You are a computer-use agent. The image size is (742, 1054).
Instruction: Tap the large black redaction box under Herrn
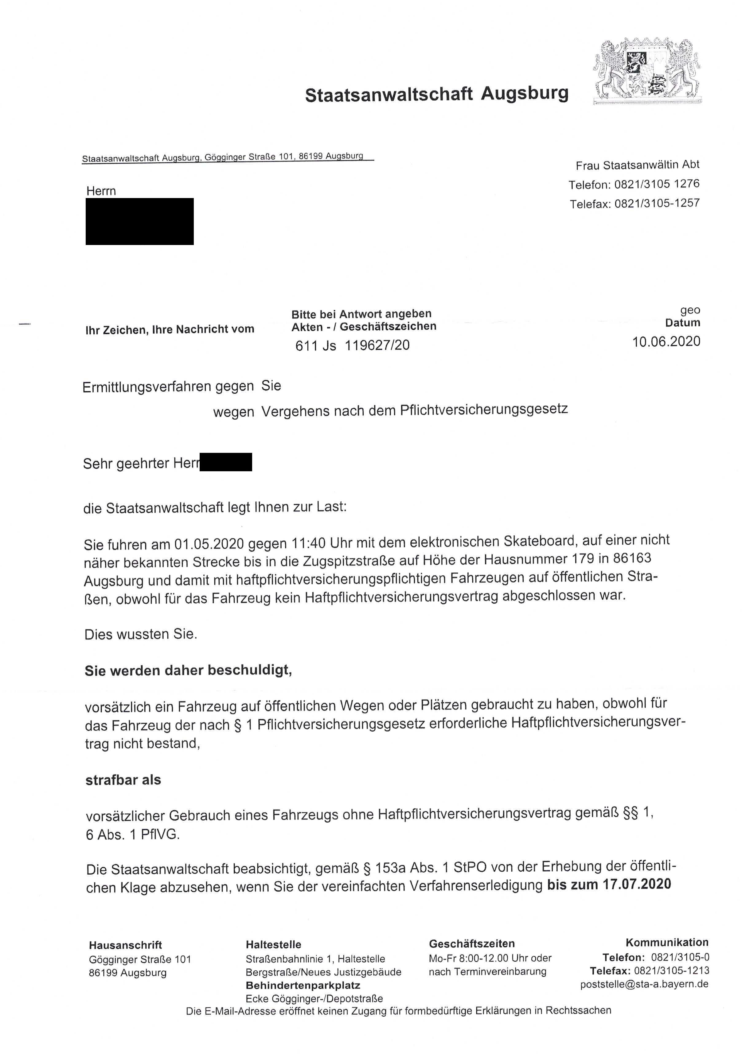[x=139, y=221]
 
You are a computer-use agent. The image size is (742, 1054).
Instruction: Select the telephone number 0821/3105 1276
[x=657, y=184]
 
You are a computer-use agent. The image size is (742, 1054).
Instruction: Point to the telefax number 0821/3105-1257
[x=657, y=203]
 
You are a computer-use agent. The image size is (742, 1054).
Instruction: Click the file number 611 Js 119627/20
[x=352, y=345]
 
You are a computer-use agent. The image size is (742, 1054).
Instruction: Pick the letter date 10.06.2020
[x=666, y=341]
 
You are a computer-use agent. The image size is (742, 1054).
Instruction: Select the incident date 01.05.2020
[x=209, y=544]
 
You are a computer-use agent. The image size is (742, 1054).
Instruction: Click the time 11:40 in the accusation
[x=309, y=543]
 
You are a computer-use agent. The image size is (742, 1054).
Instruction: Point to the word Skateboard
[x=540, y=541]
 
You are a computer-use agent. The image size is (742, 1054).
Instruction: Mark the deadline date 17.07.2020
[x=637, y=884]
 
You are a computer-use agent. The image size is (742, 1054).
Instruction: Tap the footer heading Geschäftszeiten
[x=471, y=944]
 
